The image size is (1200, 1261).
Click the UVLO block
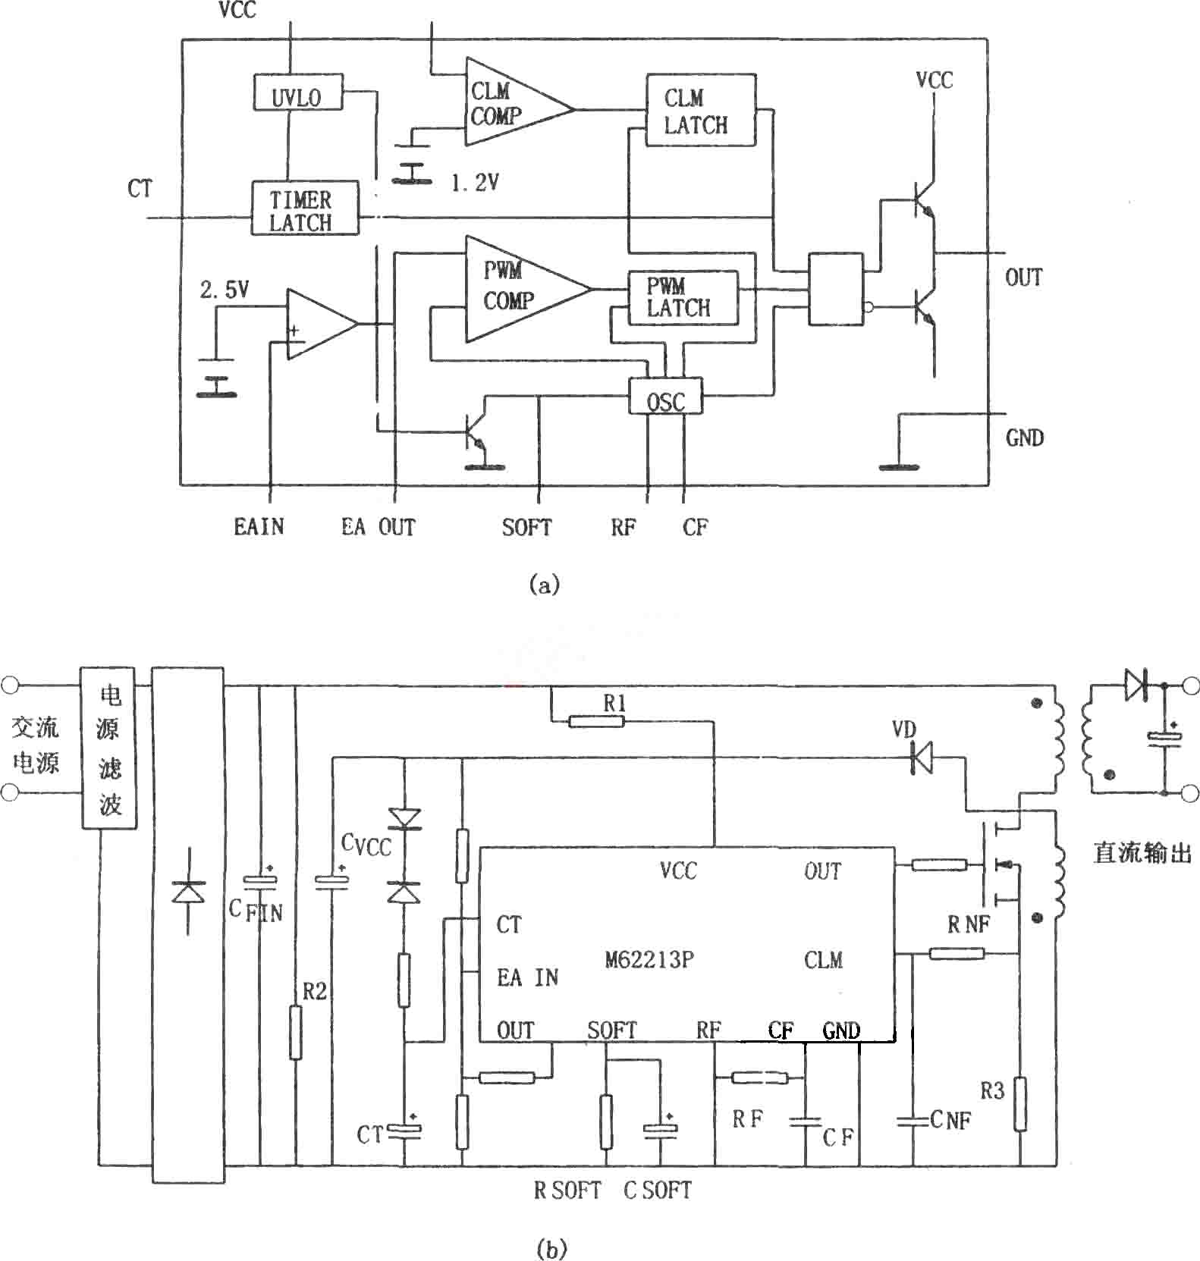tap(297, 93)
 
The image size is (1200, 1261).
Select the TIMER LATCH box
tap(305, 208)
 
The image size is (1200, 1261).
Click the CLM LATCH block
tap(701, 110)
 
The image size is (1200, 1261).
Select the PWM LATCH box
tap(683, 298)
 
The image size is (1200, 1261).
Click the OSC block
tap(665, 395)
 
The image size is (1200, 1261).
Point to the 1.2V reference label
tap(476, 183)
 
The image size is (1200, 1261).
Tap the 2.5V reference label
tap(225, 290)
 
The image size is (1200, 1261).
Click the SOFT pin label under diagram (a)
tap(526, 527)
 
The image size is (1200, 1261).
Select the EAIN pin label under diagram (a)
tap(259, 526)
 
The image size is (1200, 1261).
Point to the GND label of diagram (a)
tap(1025, 438)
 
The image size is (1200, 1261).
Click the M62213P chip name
tap(649, 960)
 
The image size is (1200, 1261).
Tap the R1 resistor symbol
tap(596, 721)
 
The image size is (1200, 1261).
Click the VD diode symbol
tap(921, 757)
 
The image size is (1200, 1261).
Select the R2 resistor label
tap(315, 991)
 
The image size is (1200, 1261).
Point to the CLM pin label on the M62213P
tap(823, 961)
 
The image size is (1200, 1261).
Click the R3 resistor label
tap(992, 1091)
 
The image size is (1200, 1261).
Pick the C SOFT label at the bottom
tap(658, 1190)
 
